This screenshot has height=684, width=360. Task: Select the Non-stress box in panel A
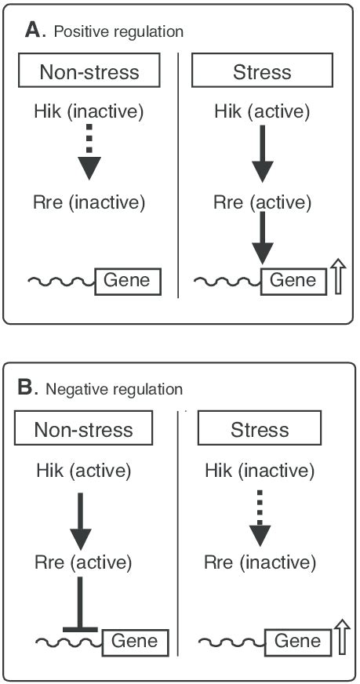tap(89, 73)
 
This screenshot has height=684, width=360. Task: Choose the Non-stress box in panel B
tap(82, 430)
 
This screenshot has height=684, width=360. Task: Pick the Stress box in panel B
tap(260, 430)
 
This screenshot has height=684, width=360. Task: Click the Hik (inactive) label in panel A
tap(90, 112)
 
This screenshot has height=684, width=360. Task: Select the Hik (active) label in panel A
tap(262, 112)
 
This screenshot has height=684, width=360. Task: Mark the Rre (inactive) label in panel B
tap(260, 562)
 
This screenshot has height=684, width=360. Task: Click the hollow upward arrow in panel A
tap(339, 279)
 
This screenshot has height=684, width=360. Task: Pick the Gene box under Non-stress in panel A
tap(128, 280)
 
